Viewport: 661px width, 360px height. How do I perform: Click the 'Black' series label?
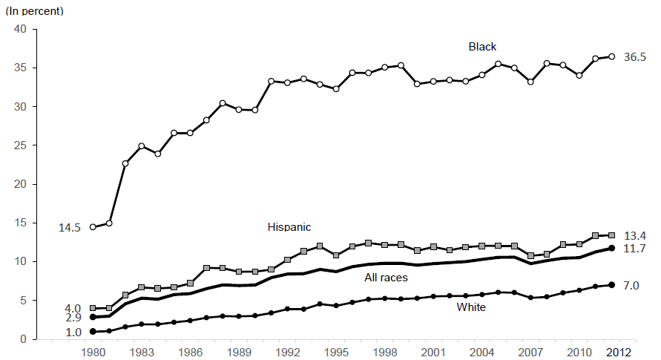pos(482,47)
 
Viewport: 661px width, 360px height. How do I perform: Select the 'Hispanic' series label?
pos(289,227)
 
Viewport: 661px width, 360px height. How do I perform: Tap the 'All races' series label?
pos(387,278)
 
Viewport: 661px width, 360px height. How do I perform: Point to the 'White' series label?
pos(472,307)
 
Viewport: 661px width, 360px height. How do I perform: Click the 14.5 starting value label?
pos(70,227)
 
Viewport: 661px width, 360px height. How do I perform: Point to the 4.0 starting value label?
pos(73,308)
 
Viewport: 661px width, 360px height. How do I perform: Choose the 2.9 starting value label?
pos(73,318)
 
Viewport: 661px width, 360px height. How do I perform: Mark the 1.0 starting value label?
pos(73,333)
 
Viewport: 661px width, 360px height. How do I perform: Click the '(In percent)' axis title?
pos(35,11)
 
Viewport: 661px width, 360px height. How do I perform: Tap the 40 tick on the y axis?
pos(20,29)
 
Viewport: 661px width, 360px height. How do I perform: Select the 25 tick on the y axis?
pos(20,145)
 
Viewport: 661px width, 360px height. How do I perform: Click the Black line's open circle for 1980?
pos(93,227)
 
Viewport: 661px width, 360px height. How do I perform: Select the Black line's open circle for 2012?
pos(611,56)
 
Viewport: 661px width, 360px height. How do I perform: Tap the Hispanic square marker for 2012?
pos(611,235)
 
